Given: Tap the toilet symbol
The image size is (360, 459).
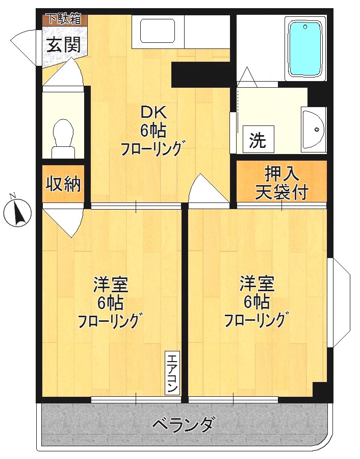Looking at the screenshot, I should click(x=64, y=137).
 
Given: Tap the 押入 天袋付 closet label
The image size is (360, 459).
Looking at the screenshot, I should click(x=281, y=183).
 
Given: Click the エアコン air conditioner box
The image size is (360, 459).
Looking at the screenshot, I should click(x=172, y=373).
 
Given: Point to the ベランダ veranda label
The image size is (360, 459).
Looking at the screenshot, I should click(x=184, y=424).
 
